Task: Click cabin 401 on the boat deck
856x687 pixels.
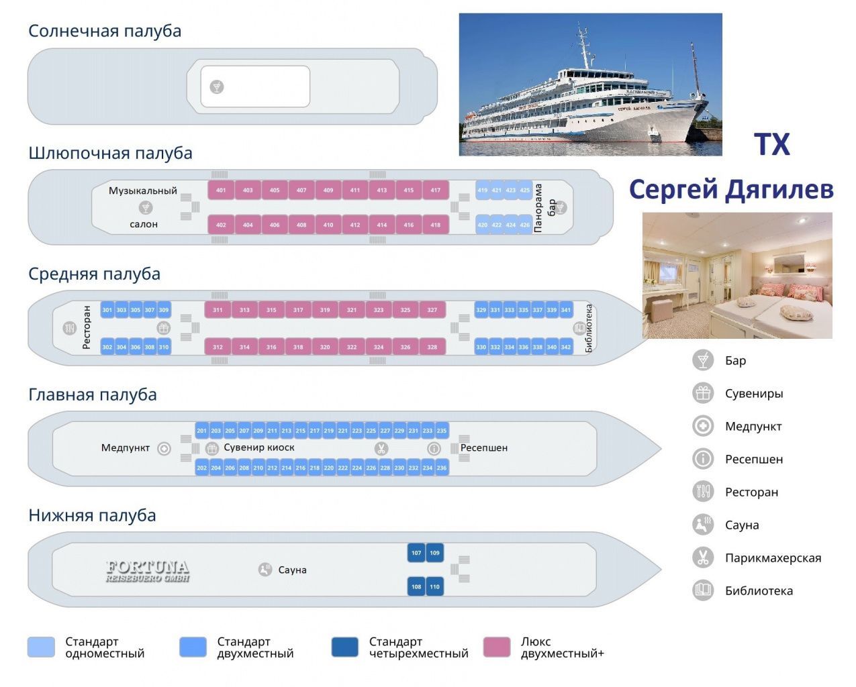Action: pyautogui.click(x=221, y=190)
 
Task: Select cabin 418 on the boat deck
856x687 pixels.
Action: pyautogui.click(x=435, y=225)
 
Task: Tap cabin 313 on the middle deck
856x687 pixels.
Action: pyautogui.click(x=244, y=310)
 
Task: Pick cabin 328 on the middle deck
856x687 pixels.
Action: pyautogui.click(x=432, y=347)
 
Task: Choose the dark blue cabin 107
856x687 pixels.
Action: pyautogui.click(x=416, y=553)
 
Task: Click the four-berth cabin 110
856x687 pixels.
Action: pyautogui.click(x=434, y=586)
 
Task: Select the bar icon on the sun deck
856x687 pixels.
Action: pyautogui.click(x=217, y=87)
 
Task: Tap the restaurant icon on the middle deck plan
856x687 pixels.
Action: pyautogui.click(x=70, y=328)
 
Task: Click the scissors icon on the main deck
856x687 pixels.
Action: pyautogui.click(x=381, y=449)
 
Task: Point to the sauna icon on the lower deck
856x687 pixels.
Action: pyautogui.click(x=265, y=570)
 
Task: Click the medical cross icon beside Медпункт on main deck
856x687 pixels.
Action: pyautogui.click(x=164, y=449)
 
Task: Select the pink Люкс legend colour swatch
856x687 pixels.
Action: pyautogui.click(x=497, y=647)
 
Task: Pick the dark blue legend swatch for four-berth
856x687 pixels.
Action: pyautogui.click(x=344, y=647)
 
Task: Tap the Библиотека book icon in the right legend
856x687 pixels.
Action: pyautogui.click(x=703, y=590)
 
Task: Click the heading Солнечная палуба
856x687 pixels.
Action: pyautogui.click(x=105, y=31)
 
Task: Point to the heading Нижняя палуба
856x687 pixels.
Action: pyautogui.click(x=92, y=515)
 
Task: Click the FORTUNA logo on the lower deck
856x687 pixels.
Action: pyautogui.click(x=148, y=571)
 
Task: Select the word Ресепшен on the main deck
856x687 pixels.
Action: pyautogui.click(x=484, y=447)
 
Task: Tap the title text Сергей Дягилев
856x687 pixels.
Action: pyautogui.click(x=731, y=189)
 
